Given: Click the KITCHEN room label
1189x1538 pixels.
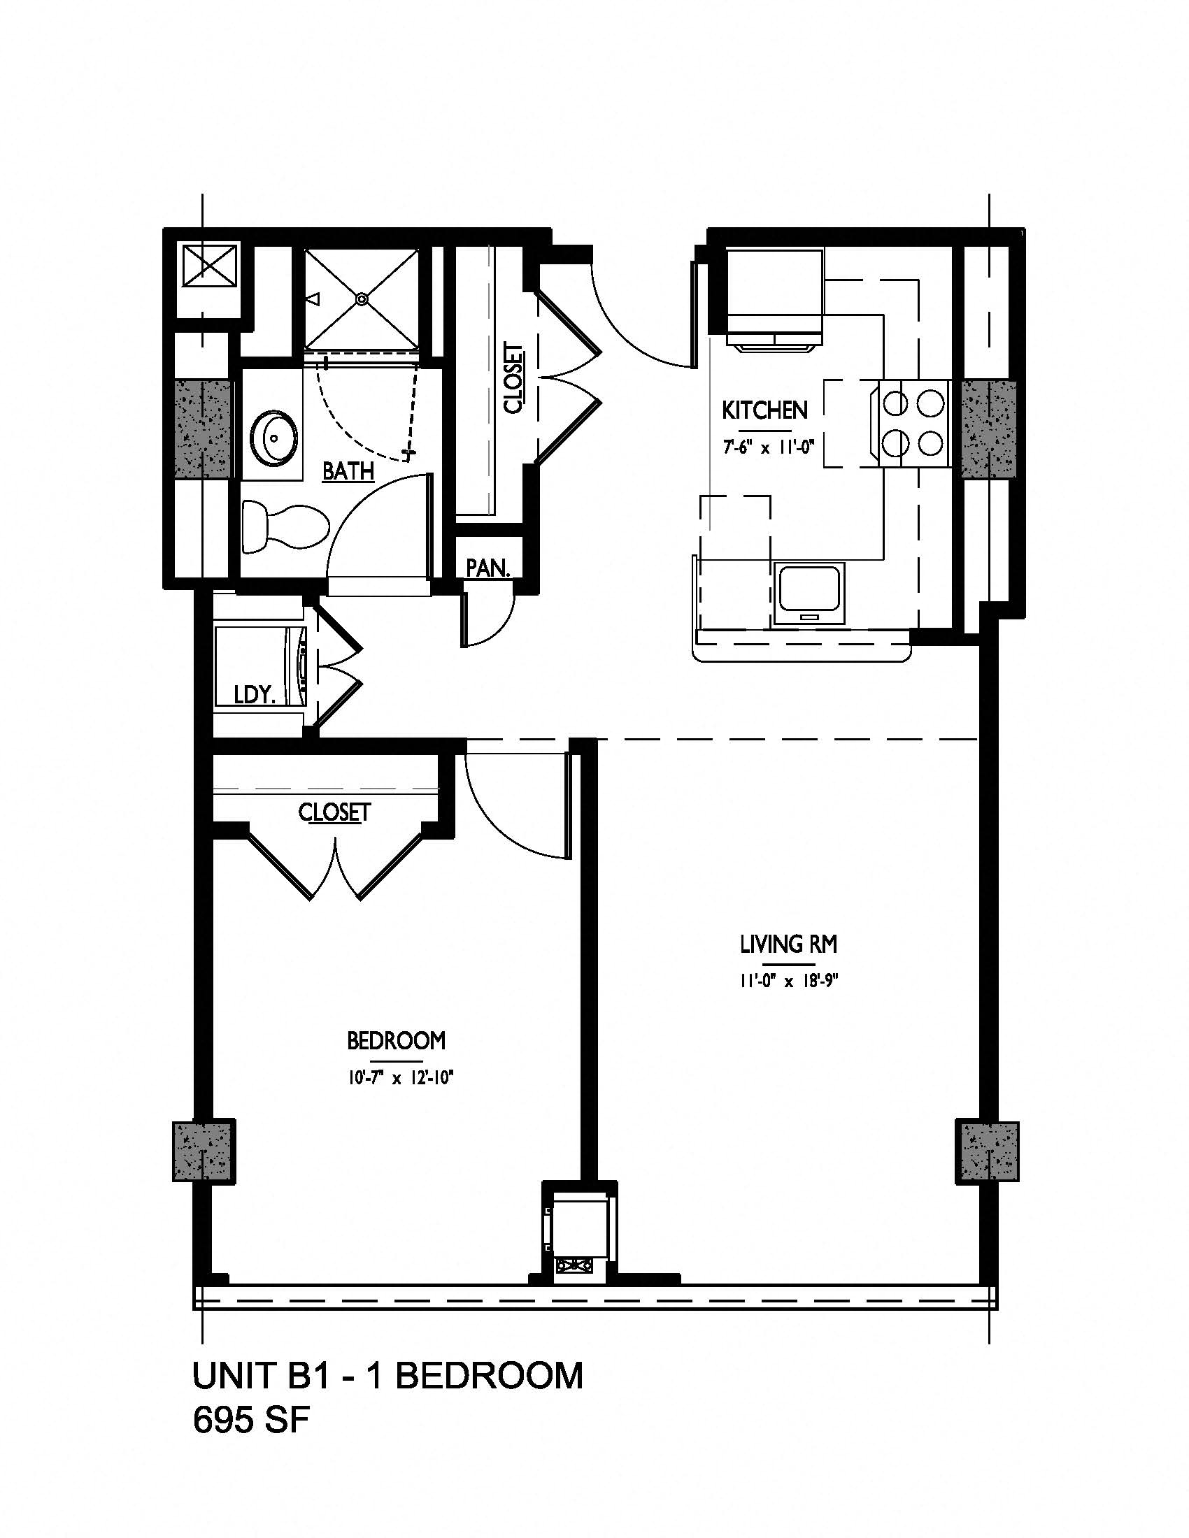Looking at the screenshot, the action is [x=764, y=410].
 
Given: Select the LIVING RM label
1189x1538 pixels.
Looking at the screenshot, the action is [x=788, y=944].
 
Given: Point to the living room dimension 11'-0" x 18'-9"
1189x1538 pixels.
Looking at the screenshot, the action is [x=788, y=981].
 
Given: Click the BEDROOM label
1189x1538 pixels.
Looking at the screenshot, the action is [x=397, y=1040].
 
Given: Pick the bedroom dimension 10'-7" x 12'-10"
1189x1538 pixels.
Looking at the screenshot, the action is [x=398, y=1077].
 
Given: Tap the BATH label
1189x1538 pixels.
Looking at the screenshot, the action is [x=348, y=470].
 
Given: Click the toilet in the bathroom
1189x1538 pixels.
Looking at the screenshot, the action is [x=285, y=526].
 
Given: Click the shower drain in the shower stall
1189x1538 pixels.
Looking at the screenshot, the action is [x=362, y=299].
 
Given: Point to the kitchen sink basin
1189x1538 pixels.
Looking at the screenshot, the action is [x=809, y=594].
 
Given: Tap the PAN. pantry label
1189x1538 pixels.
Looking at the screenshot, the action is [x=487, y=568].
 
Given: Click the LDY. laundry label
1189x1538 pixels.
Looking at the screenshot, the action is [x=255, y=695].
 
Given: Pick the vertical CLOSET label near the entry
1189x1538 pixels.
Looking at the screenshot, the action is [x=513, y=378].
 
